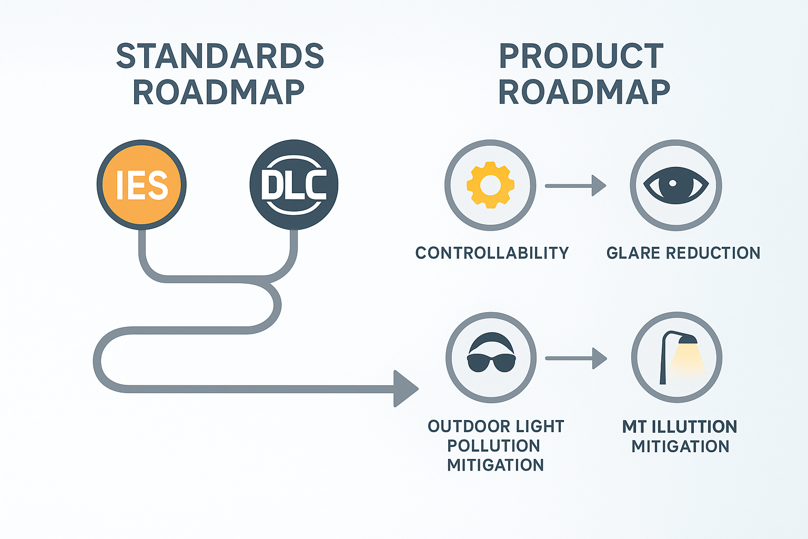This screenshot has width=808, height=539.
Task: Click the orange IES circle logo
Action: click(142, 185)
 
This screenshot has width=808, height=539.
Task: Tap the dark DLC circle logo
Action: click(294, 185)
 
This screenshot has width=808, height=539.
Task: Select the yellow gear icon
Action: click(490, 185)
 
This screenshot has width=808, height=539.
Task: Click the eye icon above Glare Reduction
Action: click(676, 185)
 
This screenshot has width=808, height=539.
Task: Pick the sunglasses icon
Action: click(491, 358)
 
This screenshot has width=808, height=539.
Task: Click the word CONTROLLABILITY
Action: click(492, 253)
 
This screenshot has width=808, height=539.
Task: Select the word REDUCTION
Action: click(713, 253)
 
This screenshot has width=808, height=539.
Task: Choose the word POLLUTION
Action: click(493, 446)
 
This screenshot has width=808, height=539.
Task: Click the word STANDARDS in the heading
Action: click(220, 56)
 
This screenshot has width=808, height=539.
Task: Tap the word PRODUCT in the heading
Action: click(581, 56)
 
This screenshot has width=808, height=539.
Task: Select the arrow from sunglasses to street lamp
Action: click(575, 358)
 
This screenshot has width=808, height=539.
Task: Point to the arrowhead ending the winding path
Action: click(406, 389)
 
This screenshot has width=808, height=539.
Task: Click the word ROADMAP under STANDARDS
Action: click(218, 93)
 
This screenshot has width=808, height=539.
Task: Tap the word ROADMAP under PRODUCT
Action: click(584, 93)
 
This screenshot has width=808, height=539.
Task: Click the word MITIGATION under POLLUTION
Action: click(495, 465)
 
